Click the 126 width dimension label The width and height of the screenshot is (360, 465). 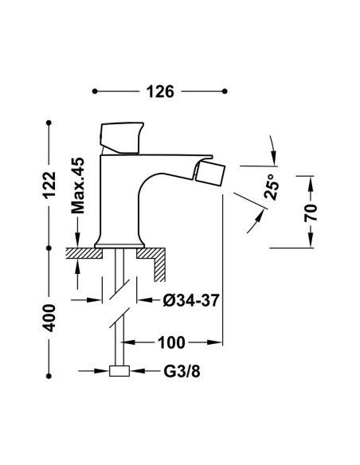pyautogui.click(x=160, y=92)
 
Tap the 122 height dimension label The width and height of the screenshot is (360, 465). pyautogui.click(x=49, y=185)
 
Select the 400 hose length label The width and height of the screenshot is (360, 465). pyautogui.click(x=49, y=318)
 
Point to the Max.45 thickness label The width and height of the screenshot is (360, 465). pyautogui.click(x=78, y=186)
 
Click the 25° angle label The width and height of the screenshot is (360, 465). pyautogui.click(x=272, y=187)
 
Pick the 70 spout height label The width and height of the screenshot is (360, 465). pyautogui.click(x=311, y=213)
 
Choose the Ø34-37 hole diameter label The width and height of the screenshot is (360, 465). pyautogui.click(x=191, y=301)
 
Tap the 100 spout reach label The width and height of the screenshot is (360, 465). pyautogui.click(x=172, y=343)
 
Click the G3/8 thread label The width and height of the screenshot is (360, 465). pyautogui.click(x=182, y=371)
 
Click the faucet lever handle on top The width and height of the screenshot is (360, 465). pyautogui.click(x=122, y=138)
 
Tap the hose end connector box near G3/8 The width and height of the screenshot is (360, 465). pyautogui.click(x=119, y=371)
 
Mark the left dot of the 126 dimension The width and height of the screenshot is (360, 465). pyautogui.click(x=95, y=92)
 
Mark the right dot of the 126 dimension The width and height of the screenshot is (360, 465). pyautogui.click(x=225, y=91)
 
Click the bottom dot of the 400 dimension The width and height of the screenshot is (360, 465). pyautogui.click(x=49, y=376)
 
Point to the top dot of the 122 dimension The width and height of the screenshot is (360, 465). pyautogui.click(x=49, y=122)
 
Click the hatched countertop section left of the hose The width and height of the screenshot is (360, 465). pyautogui.click(x=84, y=253)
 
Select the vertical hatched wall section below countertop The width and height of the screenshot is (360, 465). pyautogui.click(x=159, y=268)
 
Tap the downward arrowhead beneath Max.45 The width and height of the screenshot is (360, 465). pyautogui.click(x=78, y=240)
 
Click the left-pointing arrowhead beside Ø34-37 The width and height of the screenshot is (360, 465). pyautogui.click(x=146, y=300)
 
